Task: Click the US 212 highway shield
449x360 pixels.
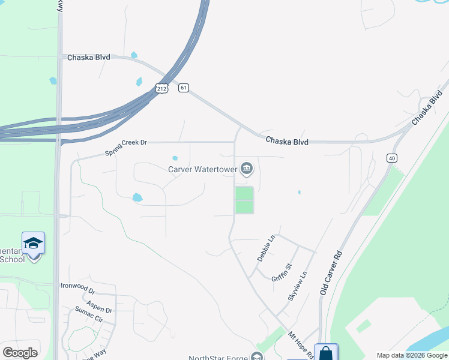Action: (x=161, y=88)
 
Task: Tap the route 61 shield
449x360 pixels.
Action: (x=183, y=88)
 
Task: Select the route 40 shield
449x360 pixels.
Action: (x=391, y=158)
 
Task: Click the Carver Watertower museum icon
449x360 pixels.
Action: (x=247, y=169)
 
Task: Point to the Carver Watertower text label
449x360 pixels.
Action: (x=202, y=169)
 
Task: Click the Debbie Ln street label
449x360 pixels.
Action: (x=265, y=248)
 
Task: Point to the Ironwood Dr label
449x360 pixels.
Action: (x=77, y=286)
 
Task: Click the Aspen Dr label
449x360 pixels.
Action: (x=99, y=306)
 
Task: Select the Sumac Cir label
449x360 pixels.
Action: (x=89, y=314)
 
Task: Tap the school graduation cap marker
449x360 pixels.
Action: (x=33, y=243)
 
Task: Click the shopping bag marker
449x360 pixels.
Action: (x=325, y=353)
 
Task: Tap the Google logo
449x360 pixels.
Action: (x=20, y=353)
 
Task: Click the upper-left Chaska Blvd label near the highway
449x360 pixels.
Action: (x=89, y=56)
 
